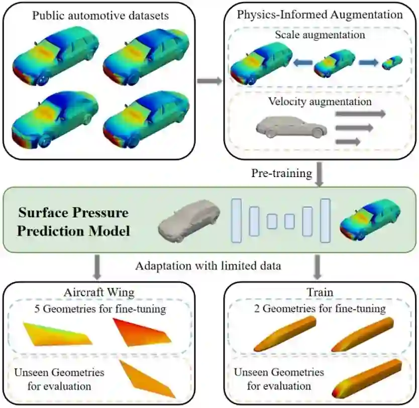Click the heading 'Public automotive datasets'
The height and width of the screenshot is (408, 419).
coord(100,16)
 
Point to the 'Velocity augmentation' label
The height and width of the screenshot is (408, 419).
coord(320,102)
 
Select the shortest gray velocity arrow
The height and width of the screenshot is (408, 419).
coord(348,142)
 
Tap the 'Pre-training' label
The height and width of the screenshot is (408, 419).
coord(281,174)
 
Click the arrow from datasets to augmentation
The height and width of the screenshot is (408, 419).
coord(209,80)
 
